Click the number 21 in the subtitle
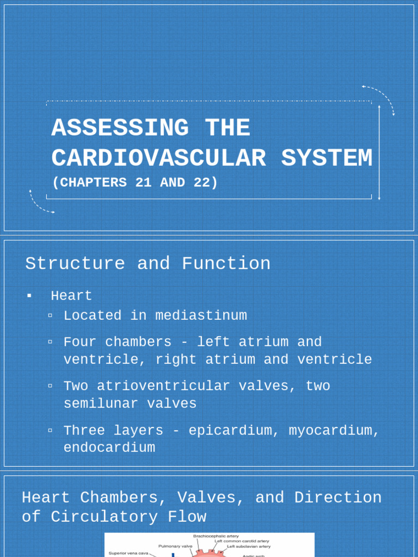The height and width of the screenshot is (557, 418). [x=143, y=183]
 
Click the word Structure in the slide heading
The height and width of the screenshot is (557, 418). [x=75, y=263]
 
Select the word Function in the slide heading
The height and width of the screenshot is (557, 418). [x=226, y=263]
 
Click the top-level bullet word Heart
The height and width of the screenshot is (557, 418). [x=71, y=296]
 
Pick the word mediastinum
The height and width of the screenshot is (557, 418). [x=201, y=315]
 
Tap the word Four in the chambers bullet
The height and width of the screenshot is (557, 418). [x=80, y=342]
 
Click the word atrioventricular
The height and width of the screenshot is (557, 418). [x=163, y=386]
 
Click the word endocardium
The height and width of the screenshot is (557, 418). [x=109, y=448]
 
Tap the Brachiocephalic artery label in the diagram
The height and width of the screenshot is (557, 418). [x=216, y=536]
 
